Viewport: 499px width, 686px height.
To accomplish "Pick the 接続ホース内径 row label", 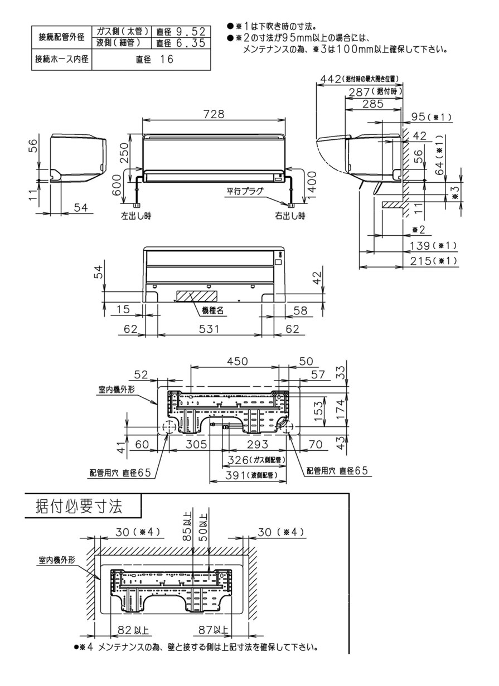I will pyautogui.click(x=61, y=60).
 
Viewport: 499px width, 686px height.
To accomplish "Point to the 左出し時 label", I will pyautogui.click(x=136, y=215).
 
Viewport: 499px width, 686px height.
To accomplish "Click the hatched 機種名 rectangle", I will pyautogui.click(x=193, y=295).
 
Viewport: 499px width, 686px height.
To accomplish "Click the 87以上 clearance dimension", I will pyautogui.click(x=214, y=630).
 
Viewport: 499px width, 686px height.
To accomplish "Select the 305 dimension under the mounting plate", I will pyautogui.click(x=196, y=444).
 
